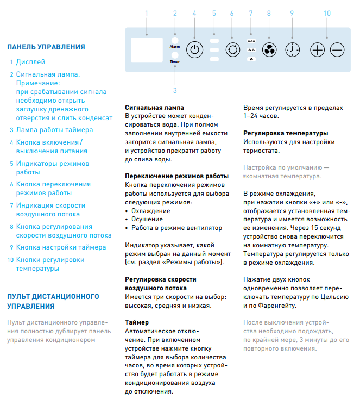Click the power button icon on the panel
(x=195, y=49)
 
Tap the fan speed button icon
(x=268, y=49)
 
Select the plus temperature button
(x=317, y=49)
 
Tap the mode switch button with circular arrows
(x=232, y=49)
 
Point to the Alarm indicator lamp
(x=174, y=40)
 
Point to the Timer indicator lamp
(x=174, y=55)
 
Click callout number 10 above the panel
(x=327, y=13)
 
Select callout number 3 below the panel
(x=175, y=90)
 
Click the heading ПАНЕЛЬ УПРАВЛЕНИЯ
(x=46, y=47)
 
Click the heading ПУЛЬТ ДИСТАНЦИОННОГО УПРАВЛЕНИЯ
(x=53, y=301)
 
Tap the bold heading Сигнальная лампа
(x=154, y=108)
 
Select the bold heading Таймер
(x=137, y=322)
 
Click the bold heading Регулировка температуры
(x=285, y=133)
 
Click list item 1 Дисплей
(x=30, y=62)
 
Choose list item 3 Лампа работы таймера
(x=54, y=130)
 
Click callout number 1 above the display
(x=146, y=13)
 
